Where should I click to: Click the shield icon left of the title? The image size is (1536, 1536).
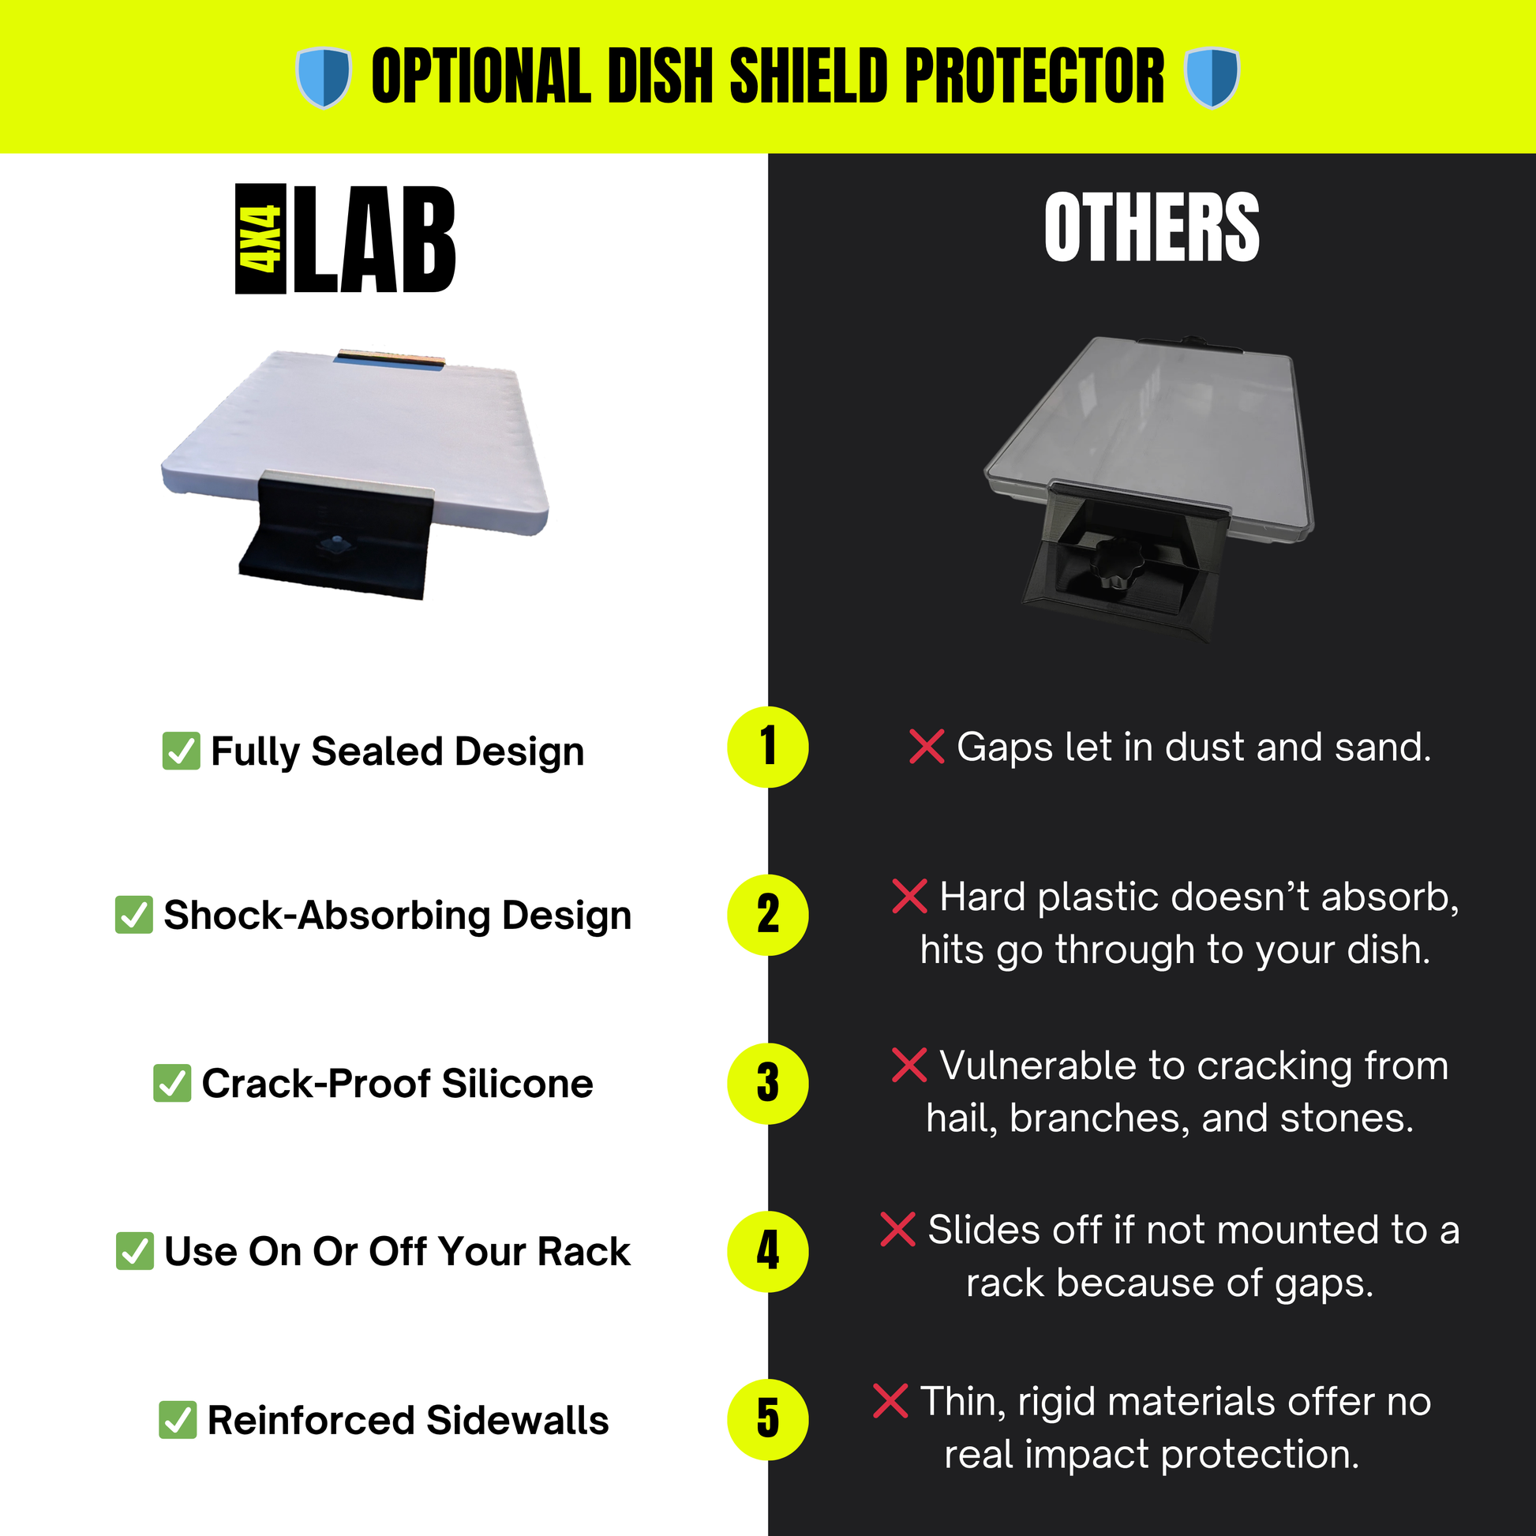[x=324, y=77]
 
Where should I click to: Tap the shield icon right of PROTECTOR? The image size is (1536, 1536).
[x=1212, y=77]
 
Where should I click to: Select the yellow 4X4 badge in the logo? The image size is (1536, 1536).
[x=260, y=239]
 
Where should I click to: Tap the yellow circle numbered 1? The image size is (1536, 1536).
[x=768, y=747]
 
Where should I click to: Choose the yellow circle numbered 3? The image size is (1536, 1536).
[x=768, y=1084]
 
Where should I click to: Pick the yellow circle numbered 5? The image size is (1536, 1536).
[x=768, y=1420]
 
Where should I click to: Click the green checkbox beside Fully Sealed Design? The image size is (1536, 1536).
[x=182, y=751]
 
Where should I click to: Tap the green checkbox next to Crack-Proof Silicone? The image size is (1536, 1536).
[x=172, y=1084]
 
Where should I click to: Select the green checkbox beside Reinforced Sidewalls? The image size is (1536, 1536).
[x=178, y=1420]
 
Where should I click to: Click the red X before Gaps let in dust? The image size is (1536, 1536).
[x=927, y=747]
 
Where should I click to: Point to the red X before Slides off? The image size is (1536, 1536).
[x=898, y=1230]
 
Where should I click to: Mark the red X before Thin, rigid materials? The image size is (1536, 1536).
[x=890, y=1402]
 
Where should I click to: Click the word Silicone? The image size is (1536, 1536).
[x=518, y=1084]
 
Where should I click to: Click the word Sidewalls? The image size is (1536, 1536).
[x=518, y=1420]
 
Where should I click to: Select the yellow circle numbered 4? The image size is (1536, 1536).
[x=768, y=1251]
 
